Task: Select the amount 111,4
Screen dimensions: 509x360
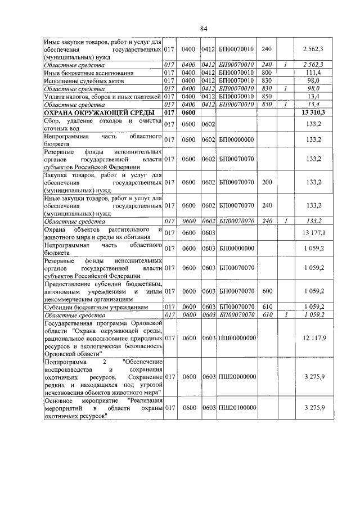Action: point(310,73)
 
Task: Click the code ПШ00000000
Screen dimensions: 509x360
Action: point(237,338)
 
